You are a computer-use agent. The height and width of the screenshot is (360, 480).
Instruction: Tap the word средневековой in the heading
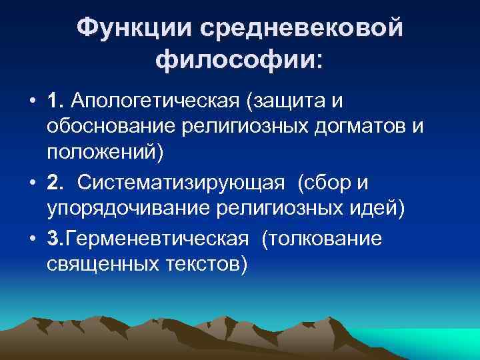[x=299, y=29]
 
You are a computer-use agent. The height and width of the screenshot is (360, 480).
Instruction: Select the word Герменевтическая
[x=159, y=238]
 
